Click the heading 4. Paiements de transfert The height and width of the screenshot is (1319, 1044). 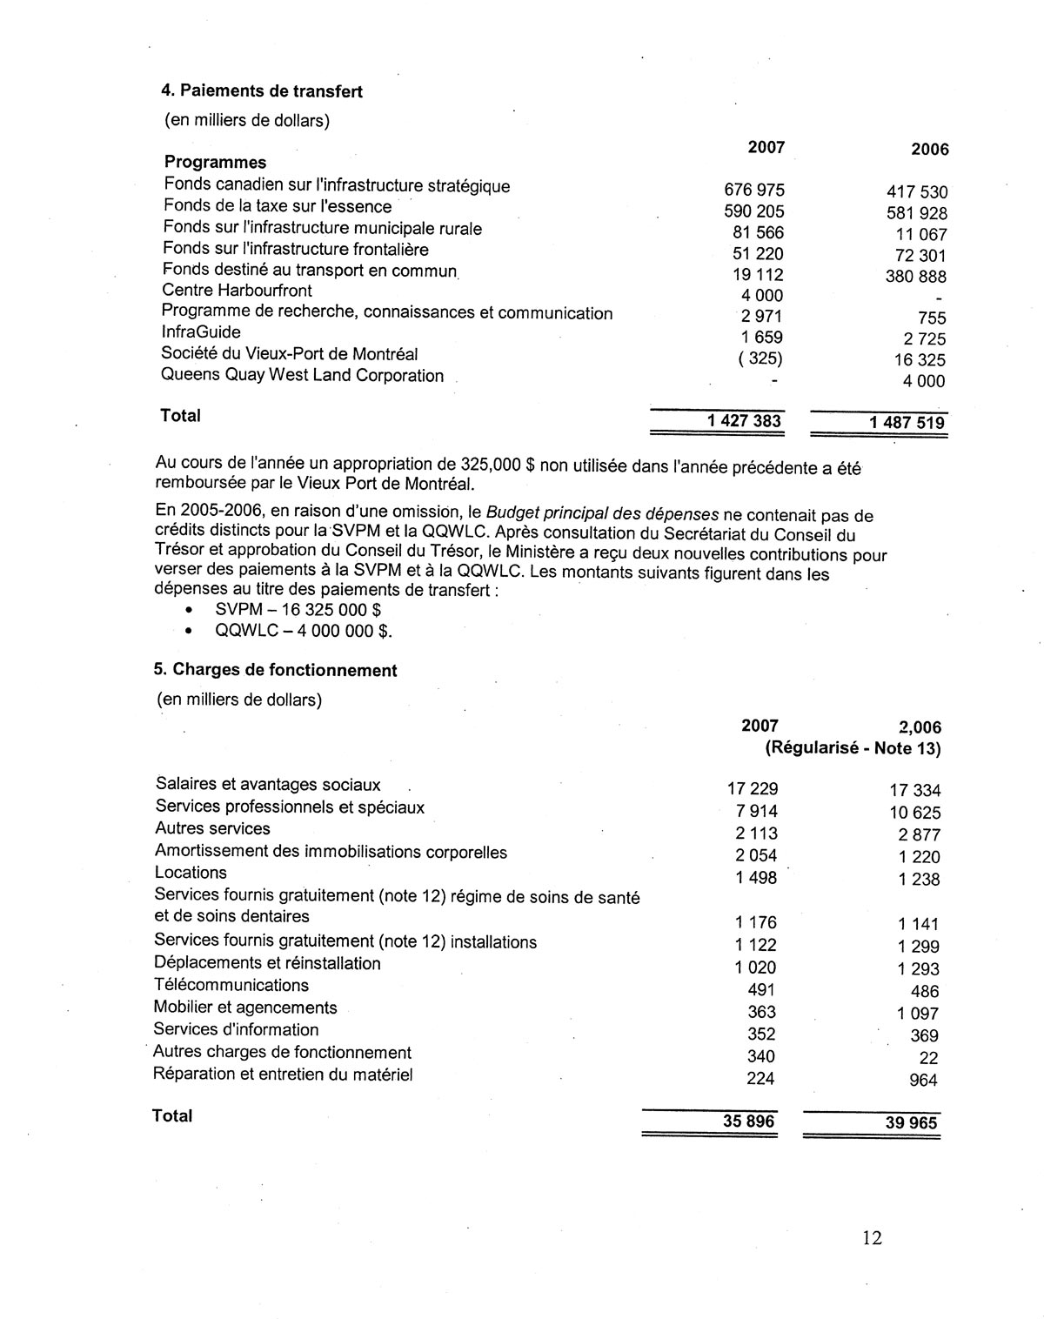[x=264, y=91]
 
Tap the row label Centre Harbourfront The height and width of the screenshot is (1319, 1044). [x=237, y=291]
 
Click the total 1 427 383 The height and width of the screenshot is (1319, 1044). [x=744, y=421]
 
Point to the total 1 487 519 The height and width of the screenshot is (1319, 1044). [x=907, y=423]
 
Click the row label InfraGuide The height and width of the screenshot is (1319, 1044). [x=201, y=332]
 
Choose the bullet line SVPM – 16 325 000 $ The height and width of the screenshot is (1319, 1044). [x=298, y=610]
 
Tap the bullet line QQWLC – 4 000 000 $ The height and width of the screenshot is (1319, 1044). [x=304, y=632]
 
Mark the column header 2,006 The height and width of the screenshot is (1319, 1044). [x=919, y=727]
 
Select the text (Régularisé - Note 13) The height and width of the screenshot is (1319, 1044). [x=853, y=748]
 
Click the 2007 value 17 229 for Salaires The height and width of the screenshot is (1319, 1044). [x=753, y=789]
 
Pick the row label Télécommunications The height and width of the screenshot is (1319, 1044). [x=231, y=985]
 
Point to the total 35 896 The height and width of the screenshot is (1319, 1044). [x=748, y=1121]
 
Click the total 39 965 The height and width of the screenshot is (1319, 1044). [x=912, y=1123]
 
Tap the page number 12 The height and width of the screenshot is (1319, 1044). [x=873, y=1237]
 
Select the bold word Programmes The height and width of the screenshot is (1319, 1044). [x=216, y=163]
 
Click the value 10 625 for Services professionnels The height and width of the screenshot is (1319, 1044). [x=914, y=813]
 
